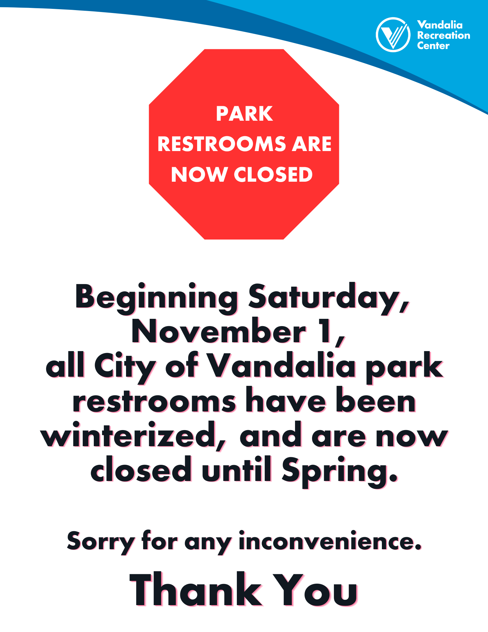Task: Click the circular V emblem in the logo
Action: (393, 35)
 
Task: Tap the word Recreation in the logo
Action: (443, 35)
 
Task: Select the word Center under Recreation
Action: (433, 46)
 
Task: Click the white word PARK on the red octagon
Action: (244, 114)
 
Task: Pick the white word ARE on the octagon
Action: (311, 144)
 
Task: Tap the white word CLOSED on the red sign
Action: (273, 174)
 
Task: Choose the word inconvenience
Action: (330, 541)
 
